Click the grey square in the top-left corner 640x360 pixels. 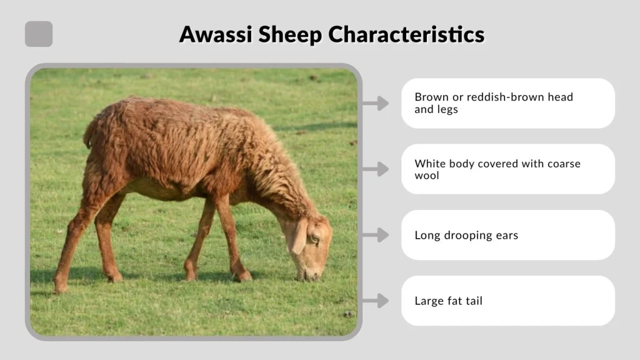coord(39,34)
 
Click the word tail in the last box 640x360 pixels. coord(473,301)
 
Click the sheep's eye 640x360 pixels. coord(314,237)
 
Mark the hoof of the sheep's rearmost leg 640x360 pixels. coord(60,287)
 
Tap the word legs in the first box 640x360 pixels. coord(447,109)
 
